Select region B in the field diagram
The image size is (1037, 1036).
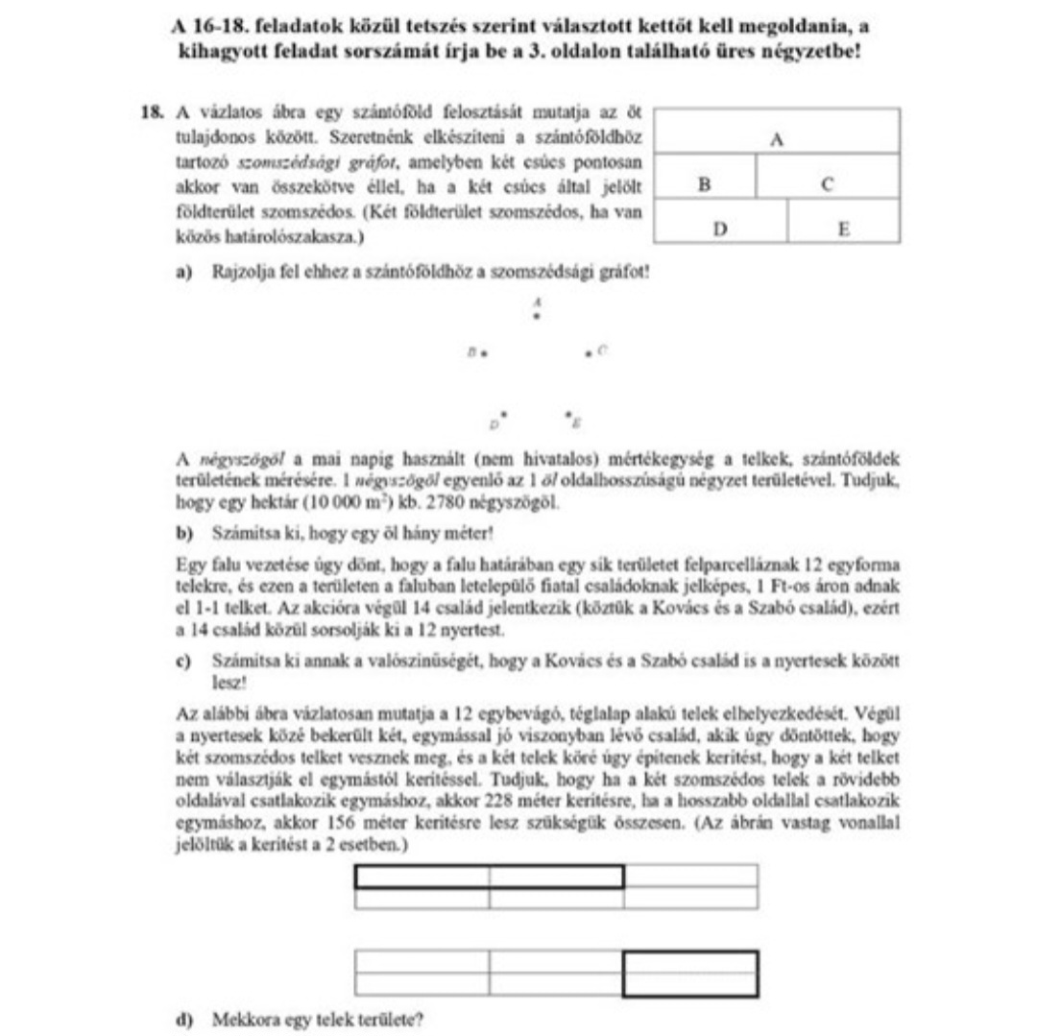704,185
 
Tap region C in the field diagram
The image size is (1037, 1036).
827,185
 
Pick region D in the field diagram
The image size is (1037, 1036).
719,230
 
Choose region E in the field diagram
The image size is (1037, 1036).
843,230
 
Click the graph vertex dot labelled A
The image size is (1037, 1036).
536,315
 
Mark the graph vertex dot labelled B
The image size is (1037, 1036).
486,353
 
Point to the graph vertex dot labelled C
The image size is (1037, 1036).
588,353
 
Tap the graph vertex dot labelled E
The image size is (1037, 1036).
568,415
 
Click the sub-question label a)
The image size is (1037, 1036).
182,272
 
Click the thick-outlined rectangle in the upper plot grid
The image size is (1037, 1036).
489,877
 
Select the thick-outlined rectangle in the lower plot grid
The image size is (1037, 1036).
689,974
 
